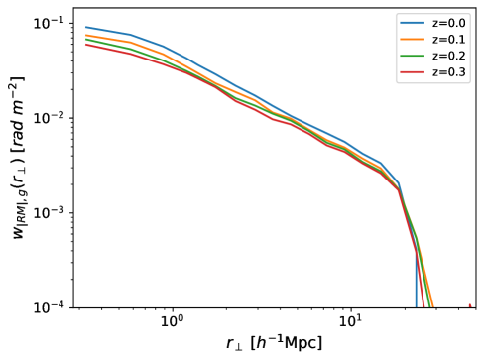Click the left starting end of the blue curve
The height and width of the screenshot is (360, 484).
(x=86, y=27)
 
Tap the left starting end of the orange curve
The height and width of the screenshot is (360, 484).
(x=86, y=35)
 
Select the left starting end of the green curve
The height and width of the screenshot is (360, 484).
(x=86, y=40)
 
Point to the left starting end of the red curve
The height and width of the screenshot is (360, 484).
(x=86, y=45)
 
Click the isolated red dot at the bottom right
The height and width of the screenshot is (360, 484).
(x=469, y=305)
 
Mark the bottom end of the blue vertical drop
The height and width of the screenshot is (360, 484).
(x=416, y=306)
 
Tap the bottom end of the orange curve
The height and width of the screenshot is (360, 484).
(x=433, y=306)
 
